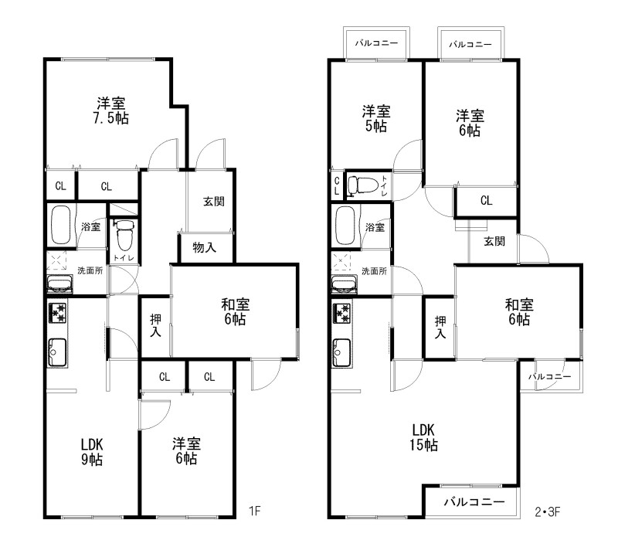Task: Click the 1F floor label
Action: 255,511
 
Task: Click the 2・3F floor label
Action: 547,512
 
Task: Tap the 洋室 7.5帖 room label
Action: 111,110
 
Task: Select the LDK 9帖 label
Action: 92,452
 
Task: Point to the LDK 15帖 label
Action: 423,437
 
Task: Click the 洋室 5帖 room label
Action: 376,118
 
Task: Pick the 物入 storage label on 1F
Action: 204,247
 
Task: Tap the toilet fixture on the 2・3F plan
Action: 362,185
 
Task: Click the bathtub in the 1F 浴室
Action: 60,225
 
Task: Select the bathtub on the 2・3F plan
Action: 345,226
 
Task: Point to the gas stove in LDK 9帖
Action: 57,313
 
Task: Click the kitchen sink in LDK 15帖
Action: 342,353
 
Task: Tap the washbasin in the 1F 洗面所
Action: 59,284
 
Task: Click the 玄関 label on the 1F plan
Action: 214,202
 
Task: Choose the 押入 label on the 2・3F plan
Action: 440,327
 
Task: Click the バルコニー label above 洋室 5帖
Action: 376,43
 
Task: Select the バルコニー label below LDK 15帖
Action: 474,502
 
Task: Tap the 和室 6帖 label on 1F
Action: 236,311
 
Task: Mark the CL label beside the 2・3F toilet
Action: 337,185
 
